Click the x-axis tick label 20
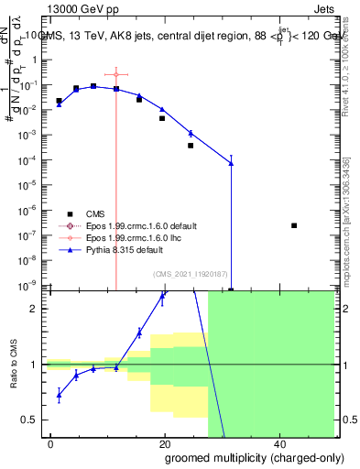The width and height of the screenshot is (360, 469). (165, 443)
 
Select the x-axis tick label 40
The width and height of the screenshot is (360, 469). (278, 443)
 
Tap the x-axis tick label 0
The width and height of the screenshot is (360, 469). (51, 443)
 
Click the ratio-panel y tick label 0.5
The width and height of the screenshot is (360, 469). (33, 420)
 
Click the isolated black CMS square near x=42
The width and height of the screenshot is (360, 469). (294, 225)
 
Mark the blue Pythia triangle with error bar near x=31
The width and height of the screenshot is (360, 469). (231, 163)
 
